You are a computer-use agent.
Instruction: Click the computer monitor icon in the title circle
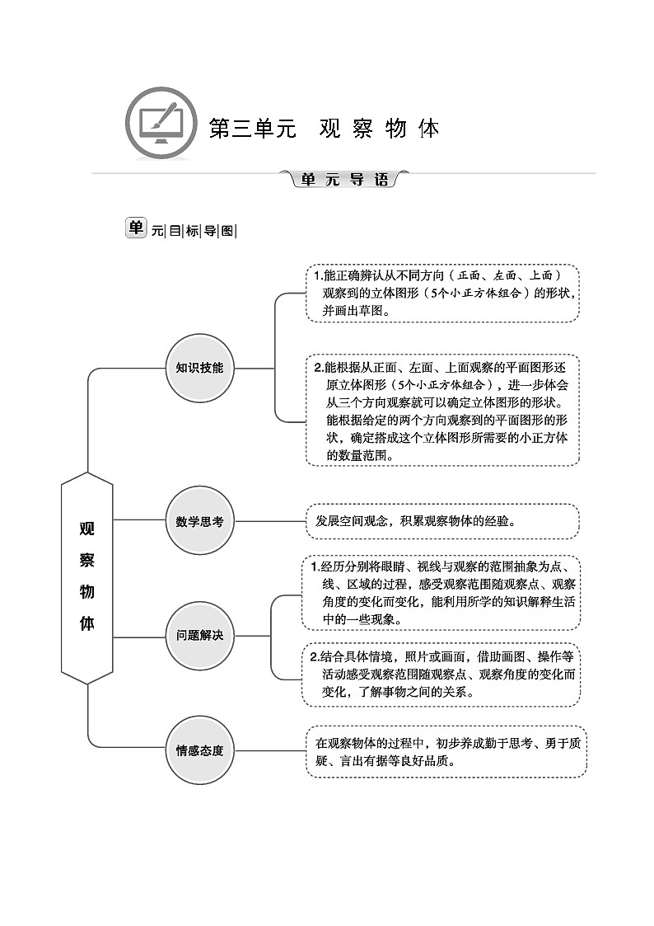[161, 125]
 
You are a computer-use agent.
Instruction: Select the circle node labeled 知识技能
[199, 368]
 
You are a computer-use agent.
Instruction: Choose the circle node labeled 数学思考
[199, 521]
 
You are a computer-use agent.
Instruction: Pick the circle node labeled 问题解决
[199, 636]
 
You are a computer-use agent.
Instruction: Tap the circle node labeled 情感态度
[199, 750]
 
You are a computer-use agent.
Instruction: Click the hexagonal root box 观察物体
[86, 577]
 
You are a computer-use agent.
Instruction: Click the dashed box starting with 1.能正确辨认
[442, 294]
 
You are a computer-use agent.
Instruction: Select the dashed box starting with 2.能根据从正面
[442, 410]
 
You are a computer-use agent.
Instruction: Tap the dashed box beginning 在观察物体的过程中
[446, 751]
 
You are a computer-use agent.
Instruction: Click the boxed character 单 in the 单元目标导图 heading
[135, 228]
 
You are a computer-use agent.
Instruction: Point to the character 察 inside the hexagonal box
[86, 561]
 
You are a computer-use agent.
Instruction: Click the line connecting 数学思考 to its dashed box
[269, 521]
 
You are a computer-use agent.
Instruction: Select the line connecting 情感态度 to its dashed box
[269, 750]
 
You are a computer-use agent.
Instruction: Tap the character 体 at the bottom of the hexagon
[86, 623]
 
